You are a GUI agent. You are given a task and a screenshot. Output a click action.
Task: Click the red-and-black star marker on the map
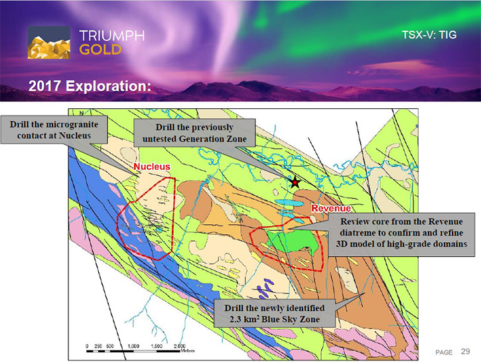point(295,182)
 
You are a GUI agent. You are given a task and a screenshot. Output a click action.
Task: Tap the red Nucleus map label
point(152,167)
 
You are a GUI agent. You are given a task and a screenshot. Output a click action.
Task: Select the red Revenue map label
point(331,208)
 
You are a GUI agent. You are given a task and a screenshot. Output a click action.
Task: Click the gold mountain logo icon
point(49,42)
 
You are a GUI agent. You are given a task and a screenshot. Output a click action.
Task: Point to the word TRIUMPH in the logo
point(112,36)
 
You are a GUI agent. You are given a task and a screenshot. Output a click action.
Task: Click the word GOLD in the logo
point(100,50)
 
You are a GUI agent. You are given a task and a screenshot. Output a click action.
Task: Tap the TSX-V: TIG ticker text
point(429,35)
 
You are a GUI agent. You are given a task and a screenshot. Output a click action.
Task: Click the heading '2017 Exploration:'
point(90,86)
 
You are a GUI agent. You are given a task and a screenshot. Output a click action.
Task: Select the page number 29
point(465,351)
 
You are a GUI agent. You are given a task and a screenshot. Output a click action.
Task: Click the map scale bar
point(133,351)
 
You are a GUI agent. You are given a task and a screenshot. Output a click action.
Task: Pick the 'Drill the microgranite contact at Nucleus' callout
point(54,130)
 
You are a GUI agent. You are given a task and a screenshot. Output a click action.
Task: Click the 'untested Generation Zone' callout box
point(194,133)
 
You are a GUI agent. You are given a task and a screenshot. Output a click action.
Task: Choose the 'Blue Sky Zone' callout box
point(275,313)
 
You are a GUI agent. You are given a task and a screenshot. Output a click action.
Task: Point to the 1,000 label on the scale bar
point(133,346)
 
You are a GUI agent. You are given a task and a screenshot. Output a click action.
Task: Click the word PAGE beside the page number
point(444,352)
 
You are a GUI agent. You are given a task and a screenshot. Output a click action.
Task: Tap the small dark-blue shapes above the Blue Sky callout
point(265,288)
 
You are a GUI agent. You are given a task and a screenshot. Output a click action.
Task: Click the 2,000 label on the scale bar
point(180,346)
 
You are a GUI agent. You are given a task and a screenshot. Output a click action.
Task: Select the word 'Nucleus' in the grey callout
point(75,135)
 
